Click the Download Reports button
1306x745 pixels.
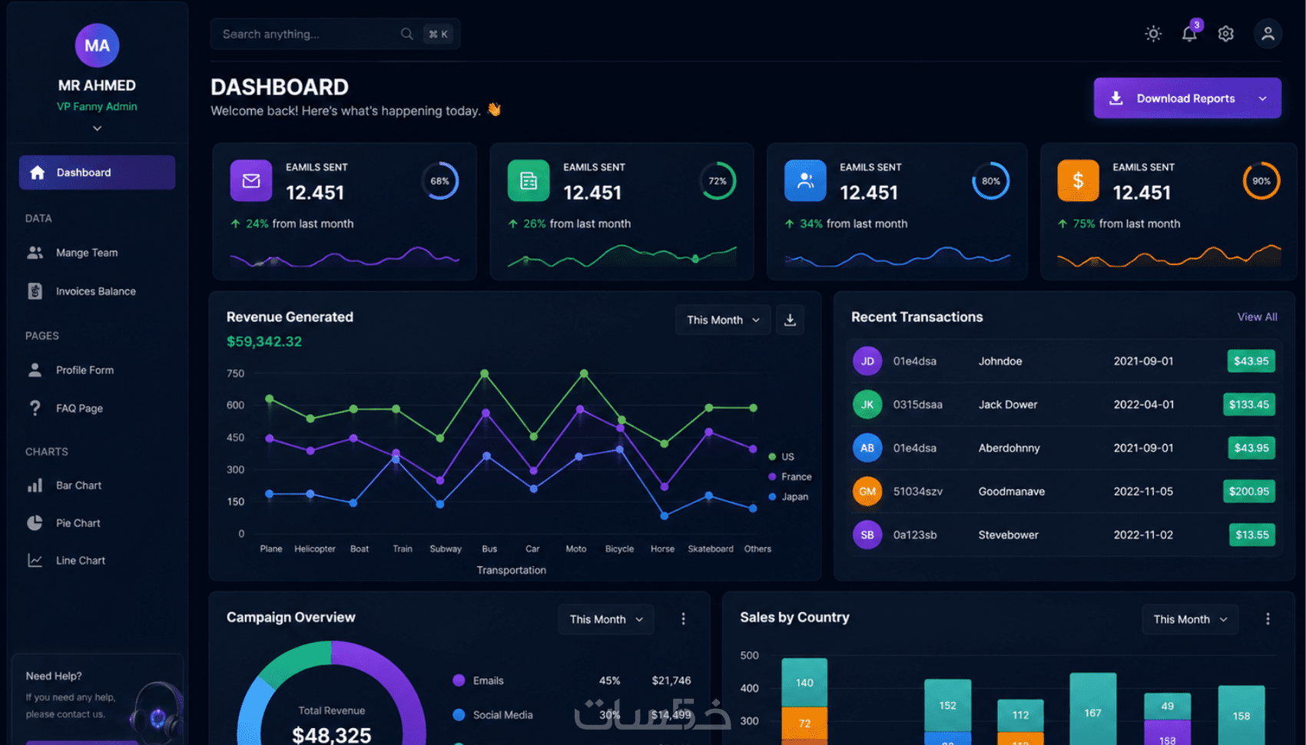click(x=1187, y=98)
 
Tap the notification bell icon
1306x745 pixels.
click(x=1189, y=34)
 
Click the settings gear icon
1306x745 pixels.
click(x=1225, y=34)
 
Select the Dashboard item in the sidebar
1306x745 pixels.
click(x=97, y=172)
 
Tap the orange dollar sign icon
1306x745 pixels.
click(x=1078, y=180)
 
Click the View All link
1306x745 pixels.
click(x=1257, y=316)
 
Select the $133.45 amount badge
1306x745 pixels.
click(x=1249, y=405)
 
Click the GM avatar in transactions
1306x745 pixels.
click(x=867, y=492)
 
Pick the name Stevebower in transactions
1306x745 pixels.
click(x=1008, y=535)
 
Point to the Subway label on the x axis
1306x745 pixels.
click(x=446, y=548)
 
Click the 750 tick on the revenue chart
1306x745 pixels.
click(x=236, y=373)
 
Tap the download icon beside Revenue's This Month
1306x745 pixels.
click(x=790, y=320)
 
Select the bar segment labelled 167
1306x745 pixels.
click(x=1092, y=709)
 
